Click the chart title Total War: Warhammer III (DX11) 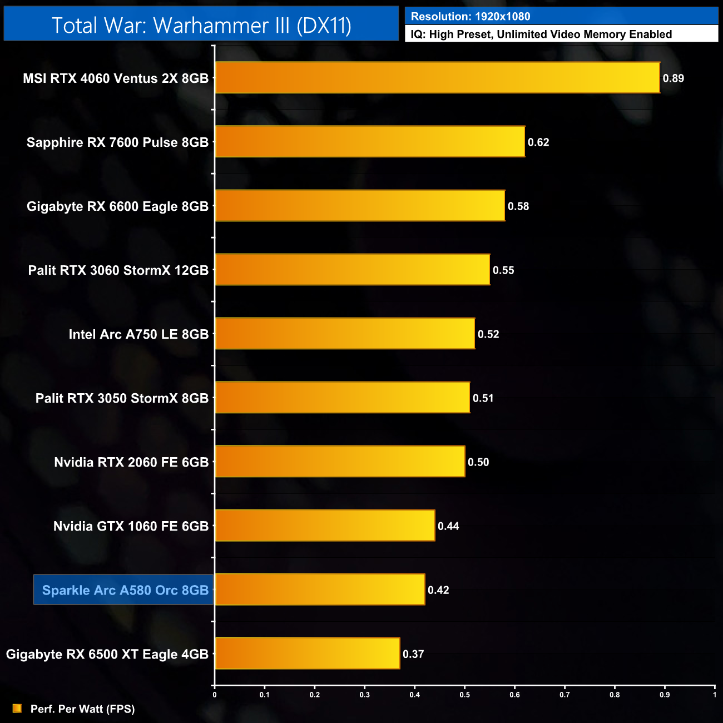pyautogui.click(x=201, y=26)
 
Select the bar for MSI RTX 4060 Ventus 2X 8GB pyautogui.click(x=437, y=78)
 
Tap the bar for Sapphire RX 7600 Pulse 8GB pyautogui.click(x=370, y=142)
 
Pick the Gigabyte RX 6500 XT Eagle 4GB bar pyautogui.click(x=308, y=653)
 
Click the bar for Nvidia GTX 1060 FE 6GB pyautogui.click(x=325, y=526)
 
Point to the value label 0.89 pyautogui.click(x=673, y=78)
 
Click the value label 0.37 pyautogui.click(x=413, y=654)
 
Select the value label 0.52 pyautogui.click(x=488, y=334)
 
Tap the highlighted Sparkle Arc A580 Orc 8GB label pyautogui.click(x=125, y=590)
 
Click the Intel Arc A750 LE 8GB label pyautogui.click(x=138, y=334)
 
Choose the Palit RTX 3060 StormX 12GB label pyautogui.click(x=118, y=270)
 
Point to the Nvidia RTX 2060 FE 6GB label pyautogui.click(x=131, y=462)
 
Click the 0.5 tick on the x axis pyautogui.click(x=464, y=695)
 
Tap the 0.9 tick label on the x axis pyautogui.click(x=665, y=695)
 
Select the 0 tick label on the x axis pyautogui.click(x=215, y=695)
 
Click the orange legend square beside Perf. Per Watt pyautogui.click(x=17, y=709)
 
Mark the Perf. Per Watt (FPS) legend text pyautogui.click(x=82, y=709)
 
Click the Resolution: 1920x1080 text pyautogui.click(x=471, y=17)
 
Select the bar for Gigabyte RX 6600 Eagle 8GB pyautogui.click(x=360, y=206)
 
